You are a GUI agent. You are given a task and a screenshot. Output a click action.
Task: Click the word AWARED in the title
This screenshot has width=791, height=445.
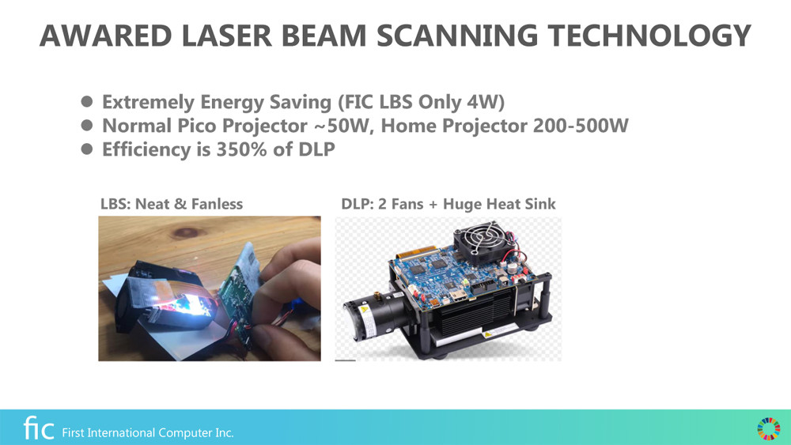pos(106,36)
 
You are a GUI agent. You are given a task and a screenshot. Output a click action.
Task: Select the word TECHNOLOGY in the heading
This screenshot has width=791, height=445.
pos(649,36)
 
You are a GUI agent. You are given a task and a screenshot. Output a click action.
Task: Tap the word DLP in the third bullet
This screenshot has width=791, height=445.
pos(316,149)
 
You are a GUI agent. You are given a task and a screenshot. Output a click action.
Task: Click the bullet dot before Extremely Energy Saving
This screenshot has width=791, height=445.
pos(87,102)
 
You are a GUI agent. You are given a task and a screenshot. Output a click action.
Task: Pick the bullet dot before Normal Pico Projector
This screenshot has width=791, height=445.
pos(87,125)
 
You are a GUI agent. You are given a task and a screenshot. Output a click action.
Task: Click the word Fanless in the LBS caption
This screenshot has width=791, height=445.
pos(217,204)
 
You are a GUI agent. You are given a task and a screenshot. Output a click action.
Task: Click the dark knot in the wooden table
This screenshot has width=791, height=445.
pos(186,232)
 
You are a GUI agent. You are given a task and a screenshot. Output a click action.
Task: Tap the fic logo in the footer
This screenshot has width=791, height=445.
pos(39,428)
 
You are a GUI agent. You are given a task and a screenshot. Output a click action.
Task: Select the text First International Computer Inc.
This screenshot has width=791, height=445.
pos(148,432)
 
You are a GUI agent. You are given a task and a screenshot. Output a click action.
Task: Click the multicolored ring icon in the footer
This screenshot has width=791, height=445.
pos(768,429)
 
